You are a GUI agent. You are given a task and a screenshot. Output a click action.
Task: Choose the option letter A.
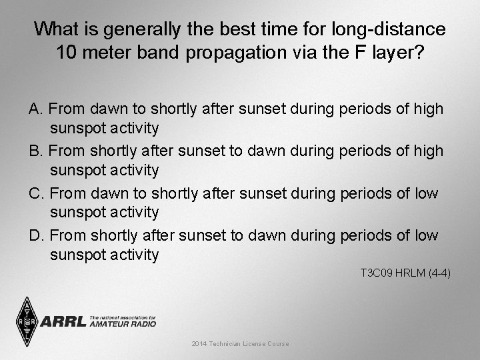coord(35,108)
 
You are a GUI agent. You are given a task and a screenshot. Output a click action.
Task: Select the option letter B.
coord(35,151)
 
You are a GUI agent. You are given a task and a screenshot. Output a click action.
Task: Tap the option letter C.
coord(36,193)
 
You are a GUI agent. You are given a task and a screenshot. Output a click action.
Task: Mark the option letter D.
coord(36,235)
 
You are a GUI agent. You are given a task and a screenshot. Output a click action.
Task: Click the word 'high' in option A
coord(428,108)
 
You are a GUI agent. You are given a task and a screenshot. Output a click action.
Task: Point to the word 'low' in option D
coord(425,235)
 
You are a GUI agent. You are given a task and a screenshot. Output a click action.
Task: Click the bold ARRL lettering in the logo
coord(63,322)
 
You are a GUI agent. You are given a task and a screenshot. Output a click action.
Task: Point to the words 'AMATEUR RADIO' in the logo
coord(123,324)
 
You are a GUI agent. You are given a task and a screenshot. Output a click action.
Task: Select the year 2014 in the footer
coord(199,343)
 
